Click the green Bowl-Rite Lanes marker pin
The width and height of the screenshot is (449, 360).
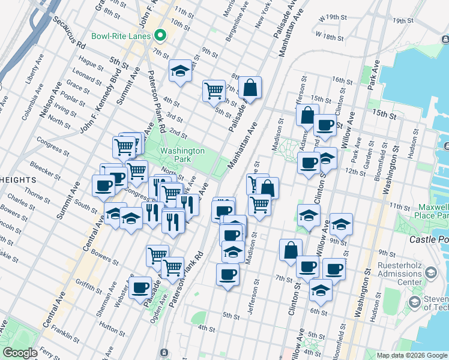click(x=160, y=35)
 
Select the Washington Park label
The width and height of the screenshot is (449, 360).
click(x=182, y=155)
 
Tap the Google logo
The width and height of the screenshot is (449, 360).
click(x=20, y=353)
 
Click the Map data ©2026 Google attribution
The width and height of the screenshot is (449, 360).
click(x=412, y=355)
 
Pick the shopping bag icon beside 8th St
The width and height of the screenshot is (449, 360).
click(x=250, y=88)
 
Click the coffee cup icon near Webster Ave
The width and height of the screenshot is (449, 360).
click(x=140, y=287)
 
